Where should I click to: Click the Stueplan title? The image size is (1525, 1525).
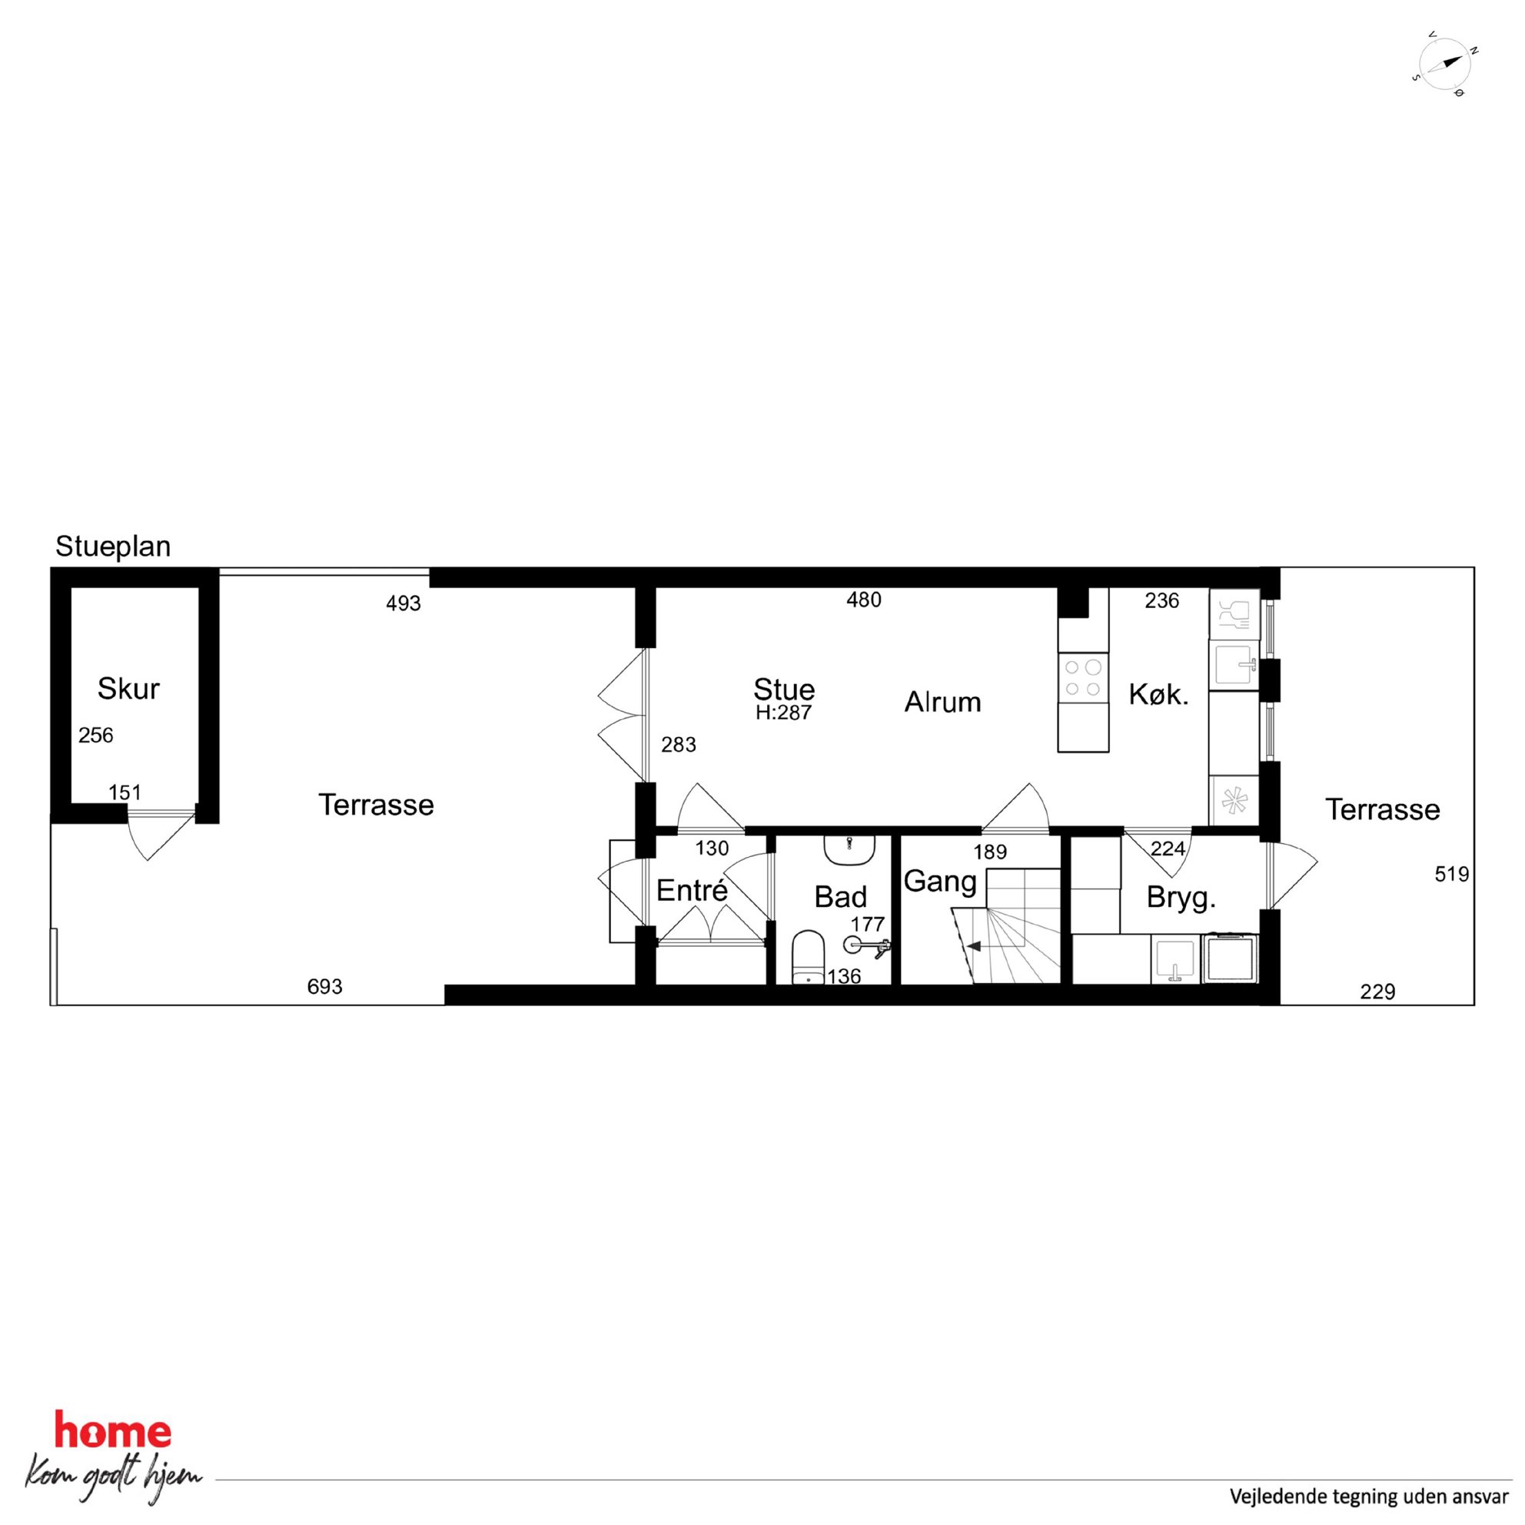(x=113, y=547)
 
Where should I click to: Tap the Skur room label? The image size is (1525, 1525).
(x=128, y=689)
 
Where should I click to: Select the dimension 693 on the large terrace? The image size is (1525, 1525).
(x=324, y=987)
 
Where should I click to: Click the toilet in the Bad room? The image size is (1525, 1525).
(x=808, y=958)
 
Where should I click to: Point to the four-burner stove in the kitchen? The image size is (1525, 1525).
(x=1083, y=678)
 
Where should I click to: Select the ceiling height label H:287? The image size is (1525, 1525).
(x=784, y=713)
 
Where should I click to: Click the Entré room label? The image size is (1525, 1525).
(x=692, y=891)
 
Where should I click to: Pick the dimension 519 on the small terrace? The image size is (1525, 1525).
(x=1451, y=874)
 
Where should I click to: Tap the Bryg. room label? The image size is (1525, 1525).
(x=1181, y=899)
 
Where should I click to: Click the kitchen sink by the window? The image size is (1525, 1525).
(x=1234, y=665)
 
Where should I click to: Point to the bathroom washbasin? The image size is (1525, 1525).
(x=849, y=849)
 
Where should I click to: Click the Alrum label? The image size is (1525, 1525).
(x=942, y=703)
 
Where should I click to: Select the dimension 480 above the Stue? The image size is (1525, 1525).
(x=863, y=600)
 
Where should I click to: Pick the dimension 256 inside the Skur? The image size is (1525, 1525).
(x=95, y=736)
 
